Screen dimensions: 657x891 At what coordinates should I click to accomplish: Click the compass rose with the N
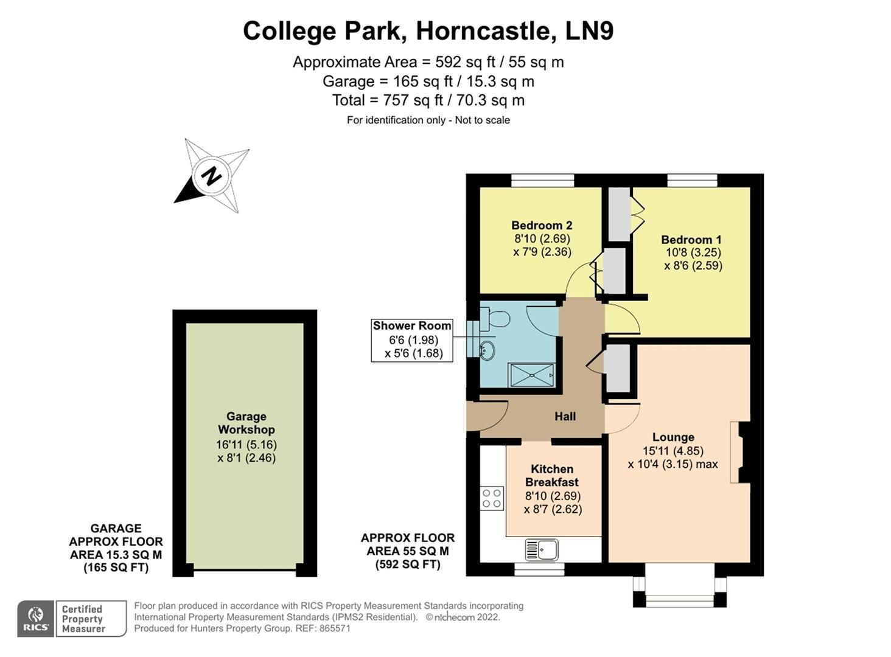pos(212,176)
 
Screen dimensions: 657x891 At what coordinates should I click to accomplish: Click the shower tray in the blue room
pos(531,375)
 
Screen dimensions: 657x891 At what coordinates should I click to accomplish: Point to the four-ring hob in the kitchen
pos(492,498)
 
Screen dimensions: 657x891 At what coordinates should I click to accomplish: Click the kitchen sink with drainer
pos(542,550)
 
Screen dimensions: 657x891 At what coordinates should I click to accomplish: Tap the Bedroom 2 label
pos(542,225)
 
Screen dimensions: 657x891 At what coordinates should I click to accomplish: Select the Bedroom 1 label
pos(691,240)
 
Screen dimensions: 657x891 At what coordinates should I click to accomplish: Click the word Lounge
pos(673,437)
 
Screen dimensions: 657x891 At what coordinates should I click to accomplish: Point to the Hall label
pos(565,417)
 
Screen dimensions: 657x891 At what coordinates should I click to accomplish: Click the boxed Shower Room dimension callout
pos(412,340)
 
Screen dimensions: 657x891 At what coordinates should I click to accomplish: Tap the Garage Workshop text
pos(246,423)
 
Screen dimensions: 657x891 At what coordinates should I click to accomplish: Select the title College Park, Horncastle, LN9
pos(428,30)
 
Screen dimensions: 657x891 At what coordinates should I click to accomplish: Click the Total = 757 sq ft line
pos(428,100)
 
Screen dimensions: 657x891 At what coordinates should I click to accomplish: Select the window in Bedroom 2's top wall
pos(542,180)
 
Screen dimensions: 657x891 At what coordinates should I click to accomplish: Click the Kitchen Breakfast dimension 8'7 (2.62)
pos(553,509)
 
